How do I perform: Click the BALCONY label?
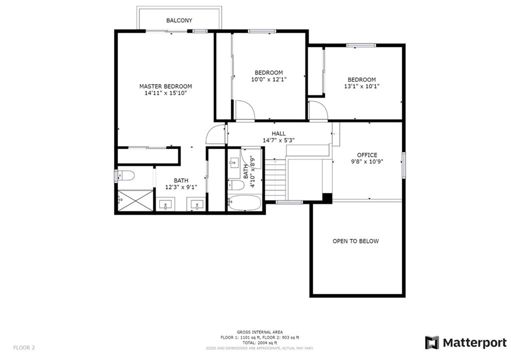coord(179,20)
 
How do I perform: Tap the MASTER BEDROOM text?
coord(165,86)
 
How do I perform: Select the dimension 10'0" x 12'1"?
coord(268,79)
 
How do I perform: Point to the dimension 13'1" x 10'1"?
coord(361,86)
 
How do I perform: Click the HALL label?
coord(278,134)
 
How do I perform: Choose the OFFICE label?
coord(367,155)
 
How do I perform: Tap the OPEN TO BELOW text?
coord(355,241)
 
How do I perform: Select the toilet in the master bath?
coord(125,176)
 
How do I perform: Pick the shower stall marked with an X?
coord(135,200)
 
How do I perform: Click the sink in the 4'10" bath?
coord(234,162)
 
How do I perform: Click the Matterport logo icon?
coord(432,343)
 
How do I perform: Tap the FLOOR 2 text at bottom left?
coord(24,347)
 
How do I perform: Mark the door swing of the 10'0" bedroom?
coord(245,110)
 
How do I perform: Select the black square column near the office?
coord(327,198)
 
